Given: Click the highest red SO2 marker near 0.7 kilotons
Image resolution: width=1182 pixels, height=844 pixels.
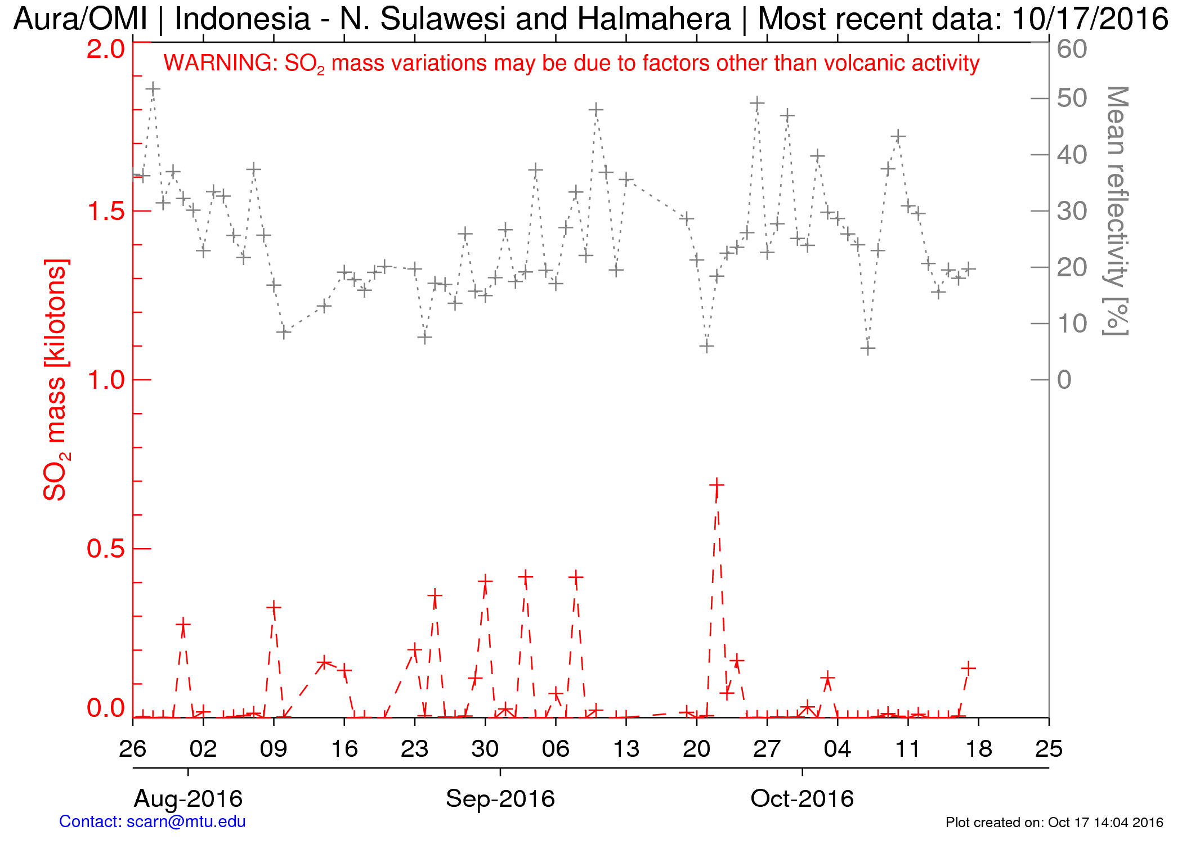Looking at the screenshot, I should [716, 484].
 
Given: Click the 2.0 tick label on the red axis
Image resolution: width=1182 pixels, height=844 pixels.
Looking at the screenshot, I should [105, 50].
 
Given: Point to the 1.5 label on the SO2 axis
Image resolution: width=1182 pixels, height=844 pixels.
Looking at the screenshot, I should [105, 212].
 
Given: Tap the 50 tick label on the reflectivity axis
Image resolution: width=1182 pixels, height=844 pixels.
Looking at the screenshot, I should [1072, 98].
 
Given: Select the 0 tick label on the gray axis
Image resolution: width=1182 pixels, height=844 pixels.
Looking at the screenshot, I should [1064, 380].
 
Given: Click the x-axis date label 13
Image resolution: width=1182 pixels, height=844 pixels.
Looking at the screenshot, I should [626, 749].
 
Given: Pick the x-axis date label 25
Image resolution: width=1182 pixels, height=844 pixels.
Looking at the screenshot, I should [1049, 749].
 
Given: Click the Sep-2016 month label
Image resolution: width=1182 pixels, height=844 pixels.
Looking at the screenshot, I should [500, 798].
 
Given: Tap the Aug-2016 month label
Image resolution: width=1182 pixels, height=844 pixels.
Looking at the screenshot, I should [188, 798].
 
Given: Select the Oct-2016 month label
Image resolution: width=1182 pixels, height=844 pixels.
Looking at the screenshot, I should [802, 798].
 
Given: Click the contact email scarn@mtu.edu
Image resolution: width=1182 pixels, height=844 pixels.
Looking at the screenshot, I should [186, 821].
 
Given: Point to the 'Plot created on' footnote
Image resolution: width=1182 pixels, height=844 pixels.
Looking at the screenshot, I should [1054, 823].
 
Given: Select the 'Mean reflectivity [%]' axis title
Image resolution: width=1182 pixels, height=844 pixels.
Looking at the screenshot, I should [1116, 211].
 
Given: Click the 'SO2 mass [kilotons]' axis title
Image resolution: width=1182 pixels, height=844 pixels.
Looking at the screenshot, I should [56, 380].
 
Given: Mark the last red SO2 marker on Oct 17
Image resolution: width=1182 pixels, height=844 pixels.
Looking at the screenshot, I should [968, 668].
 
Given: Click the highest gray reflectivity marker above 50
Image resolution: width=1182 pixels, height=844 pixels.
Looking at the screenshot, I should [153, 89].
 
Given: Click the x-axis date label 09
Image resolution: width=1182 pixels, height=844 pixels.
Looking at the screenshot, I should [274, 749].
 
